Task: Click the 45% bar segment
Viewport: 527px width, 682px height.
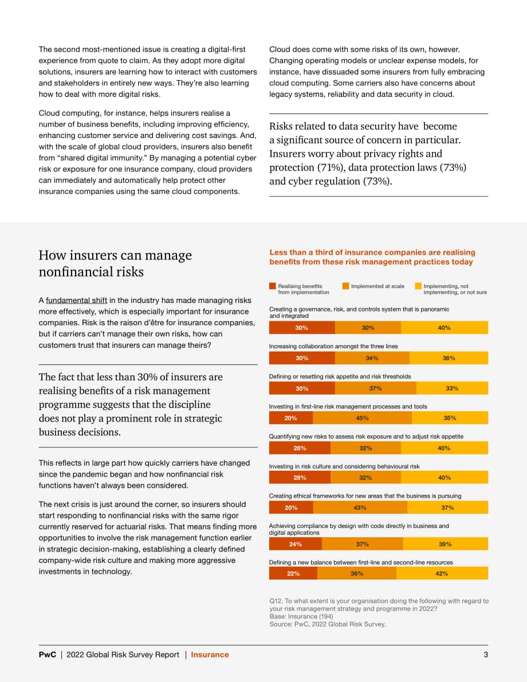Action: click(x=362, y=418)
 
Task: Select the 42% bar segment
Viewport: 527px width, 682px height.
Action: click(x=442, y=573)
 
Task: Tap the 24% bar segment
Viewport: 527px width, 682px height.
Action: click(x=296, y=544)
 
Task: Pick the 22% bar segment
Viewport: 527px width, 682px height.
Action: click(x=293, y=573)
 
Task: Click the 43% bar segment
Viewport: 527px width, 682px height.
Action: click(x=360, y=507)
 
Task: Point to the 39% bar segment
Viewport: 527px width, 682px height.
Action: click(x=446, y=544)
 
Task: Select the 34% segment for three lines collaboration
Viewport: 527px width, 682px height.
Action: click(x=372, y=358)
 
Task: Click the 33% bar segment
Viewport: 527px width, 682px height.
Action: click(x=452, y=388)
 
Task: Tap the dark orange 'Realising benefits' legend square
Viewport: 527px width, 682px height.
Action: click(x=273, y=286)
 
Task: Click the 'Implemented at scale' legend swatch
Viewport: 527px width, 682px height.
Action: click(x=345, y=286)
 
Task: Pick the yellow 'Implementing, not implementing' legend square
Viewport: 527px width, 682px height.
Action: click(x=418, y=286)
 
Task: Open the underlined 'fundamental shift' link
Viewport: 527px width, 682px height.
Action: click(x=77, y=301)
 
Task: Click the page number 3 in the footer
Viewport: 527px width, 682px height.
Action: click(x=486, y=655)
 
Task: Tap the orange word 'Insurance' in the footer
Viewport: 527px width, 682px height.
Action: click(x=210, y=655)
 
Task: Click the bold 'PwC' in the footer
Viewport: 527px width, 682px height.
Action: click(x=48, y=655)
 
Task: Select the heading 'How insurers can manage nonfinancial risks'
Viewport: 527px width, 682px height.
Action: click(x=115, y=263)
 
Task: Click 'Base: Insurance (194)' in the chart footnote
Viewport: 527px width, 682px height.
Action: click(x=301, y=616)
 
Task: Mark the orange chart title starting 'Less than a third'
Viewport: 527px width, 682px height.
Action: click(x=372, y=257)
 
